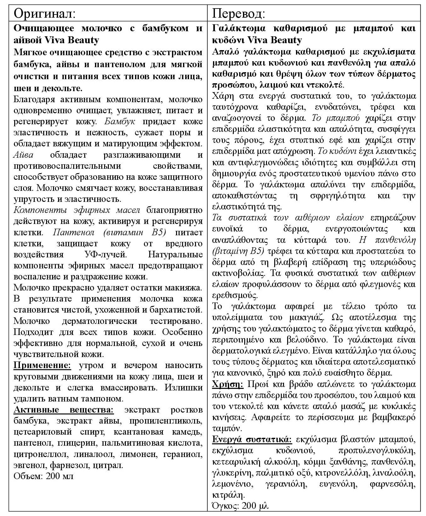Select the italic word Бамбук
(120, 121)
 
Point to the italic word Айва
(23, 155)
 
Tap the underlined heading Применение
(42, 365)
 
